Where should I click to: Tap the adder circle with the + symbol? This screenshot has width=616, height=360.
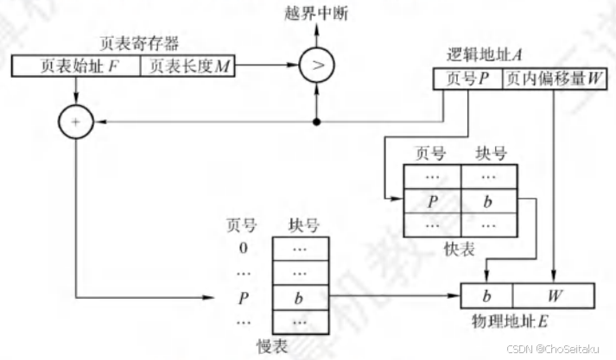77,123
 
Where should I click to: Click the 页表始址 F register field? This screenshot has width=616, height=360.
76,66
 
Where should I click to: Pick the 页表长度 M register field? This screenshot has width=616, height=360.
188,66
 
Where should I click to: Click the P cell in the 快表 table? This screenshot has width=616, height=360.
432,203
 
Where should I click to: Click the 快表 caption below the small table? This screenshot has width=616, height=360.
460,249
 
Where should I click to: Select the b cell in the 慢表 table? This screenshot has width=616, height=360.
301,299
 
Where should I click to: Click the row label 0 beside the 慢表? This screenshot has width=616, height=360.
244,249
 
